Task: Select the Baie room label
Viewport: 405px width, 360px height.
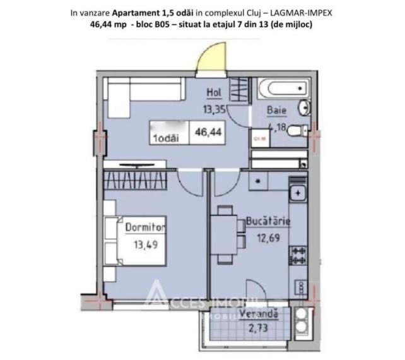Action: (x=276, y=110)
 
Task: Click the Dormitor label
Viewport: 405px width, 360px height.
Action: (x=145, y=226)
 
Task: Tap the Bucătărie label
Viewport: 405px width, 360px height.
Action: (x=268, y=222)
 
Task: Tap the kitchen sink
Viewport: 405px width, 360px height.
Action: (x=296, y=191)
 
